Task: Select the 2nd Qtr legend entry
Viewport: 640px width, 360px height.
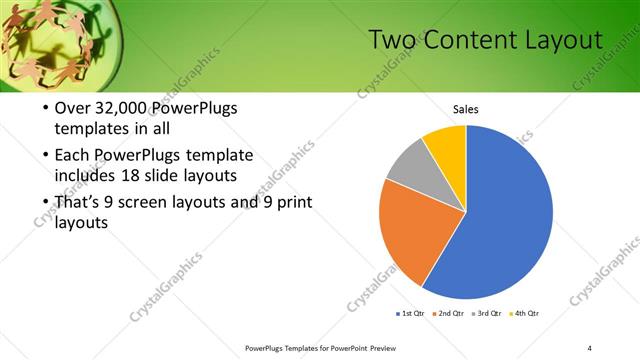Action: [x=449, y=314]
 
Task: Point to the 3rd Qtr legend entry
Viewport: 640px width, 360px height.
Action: [x=487, y=314]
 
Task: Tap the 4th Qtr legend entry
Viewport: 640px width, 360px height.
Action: [x=525, y=314]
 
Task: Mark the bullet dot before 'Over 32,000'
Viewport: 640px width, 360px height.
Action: [x=46, y=109]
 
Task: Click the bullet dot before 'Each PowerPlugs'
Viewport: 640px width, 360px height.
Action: [x=46, y=156]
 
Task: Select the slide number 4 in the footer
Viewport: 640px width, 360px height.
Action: [x=590, y=347]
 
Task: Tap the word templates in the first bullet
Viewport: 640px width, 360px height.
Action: [x=90, y=129]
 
